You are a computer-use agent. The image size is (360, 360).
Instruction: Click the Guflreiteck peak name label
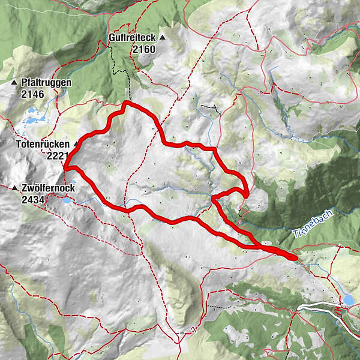pyautogui.click(x=132, y=37)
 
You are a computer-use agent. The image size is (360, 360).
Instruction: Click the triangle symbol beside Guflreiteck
pyautogui.click(x=162, y=37)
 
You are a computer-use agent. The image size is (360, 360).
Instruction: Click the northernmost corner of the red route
pyautogui.click(x=124, y=103)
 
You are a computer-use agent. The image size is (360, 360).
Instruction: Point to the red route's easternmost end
pyautogui.click(x=296, y=258)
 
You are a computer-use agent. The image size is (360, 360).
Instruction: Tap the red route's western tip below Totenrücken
pyautogui.click(x=64, y=167)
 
